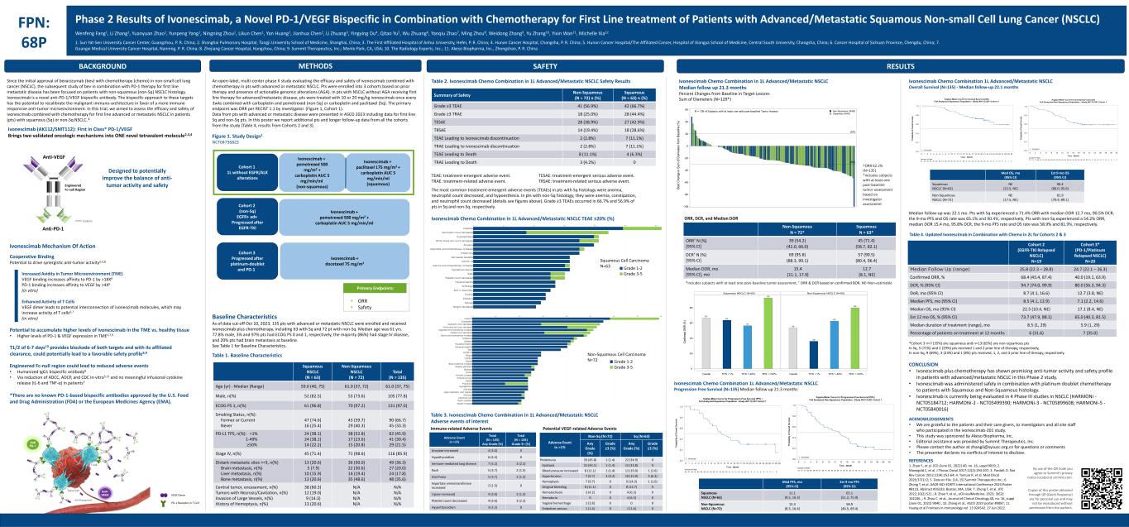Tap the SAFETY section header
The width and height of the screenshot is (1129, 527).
click(x=543, y=65)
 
